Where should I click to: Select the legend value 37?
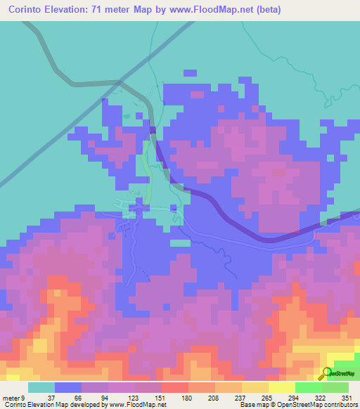pos(51,398)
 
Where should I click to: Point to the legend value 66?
pos(77,398)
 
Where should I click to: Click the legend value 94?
pos(104,398)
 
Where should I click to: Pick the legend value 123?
pos(132,398)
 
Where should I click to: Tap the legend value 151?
pos(159,398)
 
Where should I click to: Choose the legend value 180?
pos(186,398)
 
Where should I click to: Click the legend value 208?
pos(213,398)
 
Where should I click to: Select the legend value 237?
pos(240,398)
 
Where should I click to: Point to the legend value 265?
pos(267,398)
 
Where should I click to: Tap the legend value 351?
pos(347,398)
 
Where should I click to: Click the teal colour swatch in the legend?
pos(41,387)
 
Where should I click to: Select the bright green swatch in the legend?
pos(309,387)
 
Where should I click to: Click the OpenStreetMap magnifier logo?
pos(327,373)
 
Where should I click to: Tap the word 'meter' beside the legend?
pos(12,398)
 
